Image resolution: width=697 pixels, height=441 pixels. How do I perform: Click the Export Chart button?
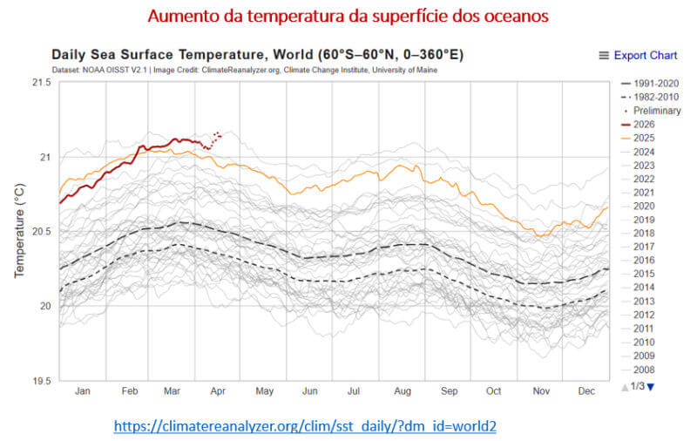pos(638,55)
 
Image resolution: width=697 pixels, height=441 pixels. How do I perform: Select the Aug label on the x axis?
pos(403,392)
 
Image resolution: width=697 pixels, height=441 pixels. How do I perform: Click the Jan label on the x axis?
pos(82,392)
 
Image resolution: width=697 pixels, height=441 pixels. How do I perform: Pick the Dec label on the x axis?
pos(585,392)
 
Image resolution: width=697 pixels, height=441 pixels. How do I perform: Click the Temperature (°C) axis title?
pos(18,232)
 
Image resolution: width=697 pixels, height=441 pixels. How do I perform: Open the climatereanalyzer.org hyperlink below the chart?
pos(306,425)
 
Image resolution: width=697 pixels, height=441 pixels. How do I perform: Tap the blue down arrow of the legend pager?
pos(649,386)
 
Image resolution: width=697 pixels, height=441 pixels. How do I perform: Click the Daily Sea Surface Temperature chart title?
pos(257,55)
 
